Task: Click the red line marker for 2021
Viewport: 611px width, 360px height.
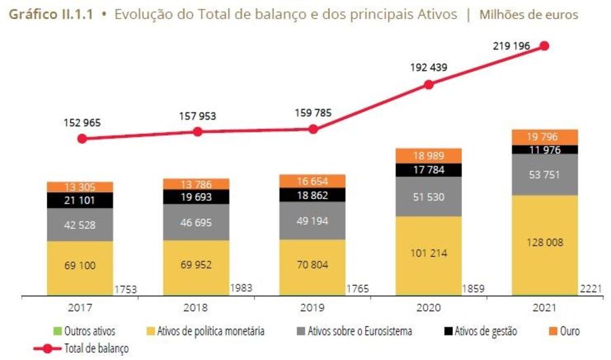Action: (x=544, y=46)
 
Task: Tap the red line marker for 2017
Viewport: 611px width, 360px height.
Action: (x=82, y=139)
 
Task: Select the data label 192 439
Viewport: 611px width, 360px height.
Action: (x=429, y=67)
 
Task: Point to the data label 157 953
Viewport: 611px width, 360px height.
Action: (x=198, y=116)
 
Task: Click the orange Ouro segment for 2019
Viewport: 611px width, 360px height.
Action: (x=313, y=181)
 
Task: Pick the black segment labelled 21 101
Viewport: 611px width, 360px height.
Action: (x=80, y=200)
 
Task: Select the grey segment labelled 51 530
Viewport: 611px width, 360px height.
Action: (x=428, y=196)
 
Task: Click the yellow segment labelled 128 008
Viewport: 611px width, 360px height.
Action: (x=544, y=242)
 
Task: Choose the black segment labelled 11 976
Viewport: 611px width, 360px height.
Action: (x=544, y=149)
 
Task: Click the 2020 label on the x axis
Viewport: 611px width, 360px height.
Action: (x=428, y=307)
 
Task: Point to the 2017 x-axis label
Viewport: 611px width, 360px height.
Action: (x=81, y=307)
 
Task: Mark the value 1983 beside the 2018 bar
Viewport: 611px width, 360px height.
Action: (x=242, y=289)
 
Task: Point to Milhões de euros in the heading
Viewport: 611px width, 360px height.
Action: (x=529, y=14)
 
